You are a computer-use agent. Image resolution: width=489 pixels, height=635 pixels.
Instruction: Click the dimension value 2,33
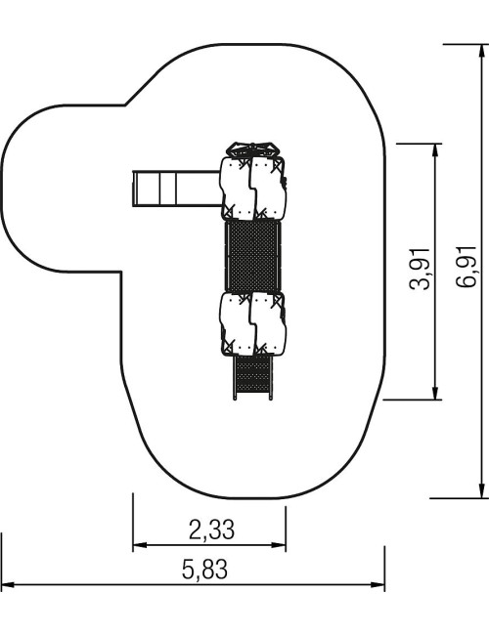click(211, 529)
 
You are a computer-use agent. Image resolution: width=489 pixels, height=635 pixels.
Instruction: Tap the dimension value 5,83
click(204, 569)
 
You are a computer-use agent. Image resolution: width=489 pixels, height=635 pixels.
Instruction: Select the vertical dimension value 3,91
click(420, 269)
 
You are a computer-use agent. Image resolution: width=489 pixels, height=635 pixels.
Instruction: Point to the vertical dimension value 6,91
click(466, 266)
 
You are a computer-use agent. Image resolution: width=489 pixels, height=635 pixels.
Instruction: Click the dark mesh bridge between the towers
click(252, 256)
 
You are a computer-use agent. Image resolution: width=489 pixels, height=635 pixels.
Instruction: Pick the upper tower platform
click(253, 189)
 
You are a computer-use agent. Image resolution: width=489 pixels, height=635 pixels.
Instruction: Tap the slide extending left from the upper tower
click(177, 189)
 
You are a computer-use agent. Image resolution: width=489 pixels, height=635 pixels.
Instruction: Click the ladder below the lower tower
click(252, 377)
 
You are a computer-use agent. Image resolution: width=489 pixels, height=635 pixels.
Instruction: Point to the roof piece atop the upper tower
click(253, 149)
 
